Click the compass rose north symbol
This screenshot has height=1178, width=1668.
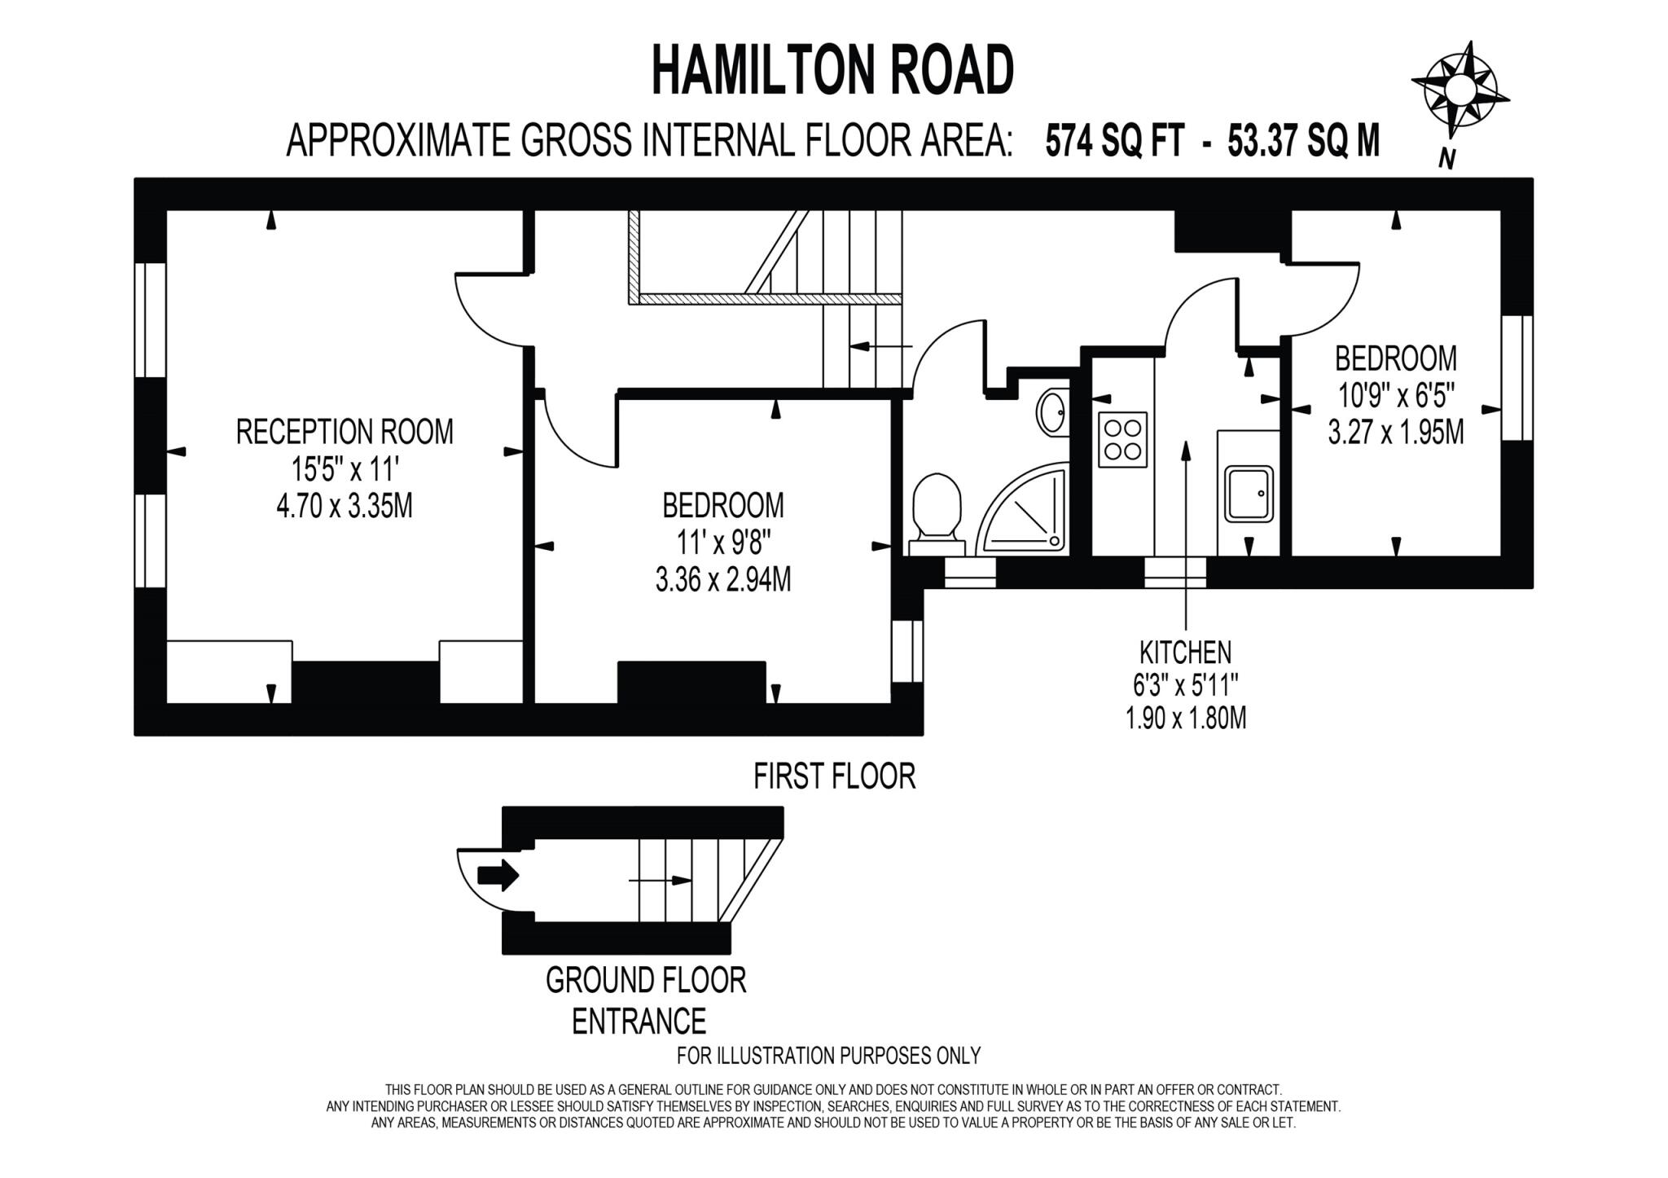[x=1460, y=90]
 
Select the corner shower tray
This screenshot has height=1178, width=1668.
[x=1025, y=509]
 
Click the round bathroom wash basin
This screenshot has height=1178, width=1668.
[x=1053, y=413]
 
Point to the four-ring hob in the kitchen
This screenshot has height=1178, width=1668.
[x=1122, y=440]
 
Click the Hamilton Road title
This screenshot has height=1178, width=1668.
[x=832, y=71]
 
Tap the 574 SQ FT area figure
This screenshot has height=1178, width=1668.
[x=1115, y=141]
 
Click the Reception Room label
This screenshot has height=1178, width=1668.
[x=345, y=432]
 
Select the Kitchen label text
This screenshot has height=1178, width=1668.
[x=1185, y=652]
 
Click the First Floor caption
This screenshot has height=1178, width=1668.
[x=834, y=776]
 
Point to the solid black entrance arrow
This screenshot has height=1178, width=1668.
[x=498, y=876]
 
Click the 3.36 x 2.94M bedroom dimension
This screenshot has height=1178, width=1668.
[x=722, y=580]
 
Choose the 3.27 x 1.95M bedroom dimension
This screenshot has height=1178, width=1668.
[x=1395, y=432]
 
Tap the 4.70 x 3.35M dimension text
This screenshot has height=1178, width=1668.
[x=345, y=506]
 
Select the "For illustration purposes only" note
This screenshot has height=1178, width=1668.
[x=828, y=1056]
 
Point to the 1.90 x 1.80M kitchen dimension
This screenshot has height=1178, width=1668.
[x=1185, y=719]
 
